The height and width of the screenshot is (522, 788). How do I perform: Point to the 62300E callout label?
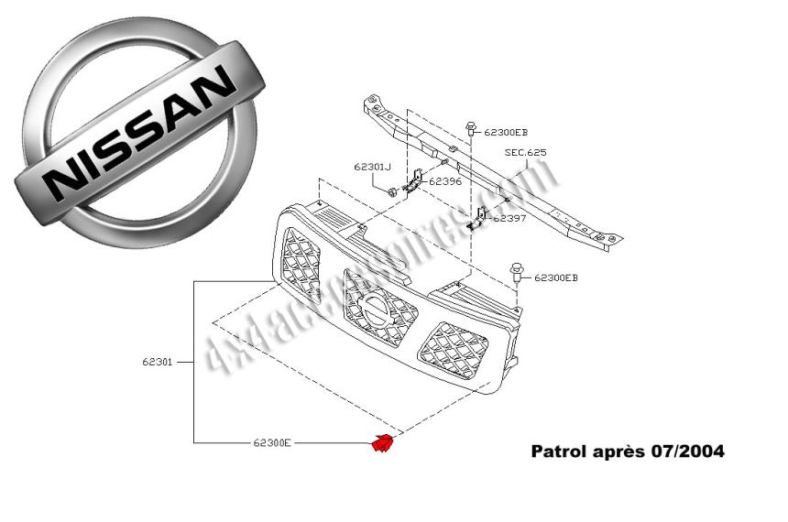tap(272, 443)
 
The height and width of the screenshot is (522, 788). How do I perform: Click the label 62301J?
tap(371, 167)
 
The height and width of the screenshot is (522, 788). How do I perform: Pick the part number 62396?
tap(444, 181)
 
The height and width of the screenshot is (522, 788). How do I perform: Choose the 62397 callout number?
tap(509, 218)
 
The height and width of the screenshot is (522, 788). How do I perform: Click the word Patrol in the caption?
tap(558, 451)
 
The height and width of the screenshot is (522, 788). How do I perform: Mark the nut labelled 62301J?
tap(391, 191)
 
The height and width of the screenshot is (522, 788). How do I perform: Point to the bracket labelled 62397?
tap(477, 217)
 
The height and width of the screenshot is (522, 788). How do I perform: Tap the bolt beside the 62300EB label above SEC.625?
tap(470, 129)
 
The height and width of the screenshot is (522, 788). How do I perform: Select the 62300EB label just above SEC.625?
tap(506, 132)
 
